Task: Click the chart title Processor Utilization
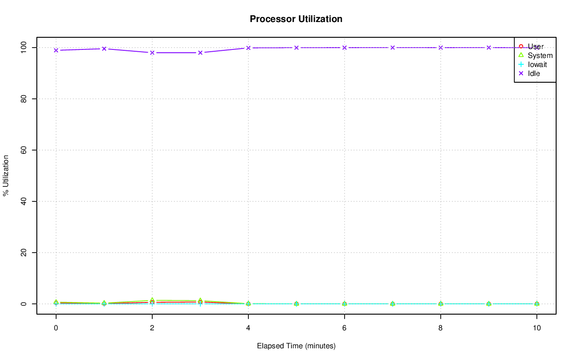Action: click(x=296, y=19)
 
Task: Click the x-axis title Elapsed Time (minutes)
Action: click(x=296, y=346)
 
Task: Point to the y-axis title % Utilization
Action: click(x=6, y=175)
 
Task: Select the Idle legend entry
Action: click(x=534, y=73)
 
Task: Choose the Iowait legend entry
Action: click(x=537, y=64)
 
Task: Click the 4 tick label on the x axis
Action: click(x=248, y=328)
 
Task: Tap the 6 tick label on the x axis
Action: click(x=345, y=328)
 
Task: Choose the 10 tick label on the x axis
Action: click(x=536, y=328)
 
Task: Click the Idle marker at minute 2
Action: click(x=152, y=53)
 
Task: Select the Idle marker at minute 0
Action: click(x=56, y=50)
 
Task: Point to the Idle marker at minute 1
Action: click(x=104, y=49)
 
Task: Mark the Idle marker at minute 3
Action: click(x=200, y=53)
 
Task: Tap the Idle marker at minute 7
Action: click(x=393, y=48)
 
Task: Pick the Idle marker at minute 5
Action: click(x=296, y=48)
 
